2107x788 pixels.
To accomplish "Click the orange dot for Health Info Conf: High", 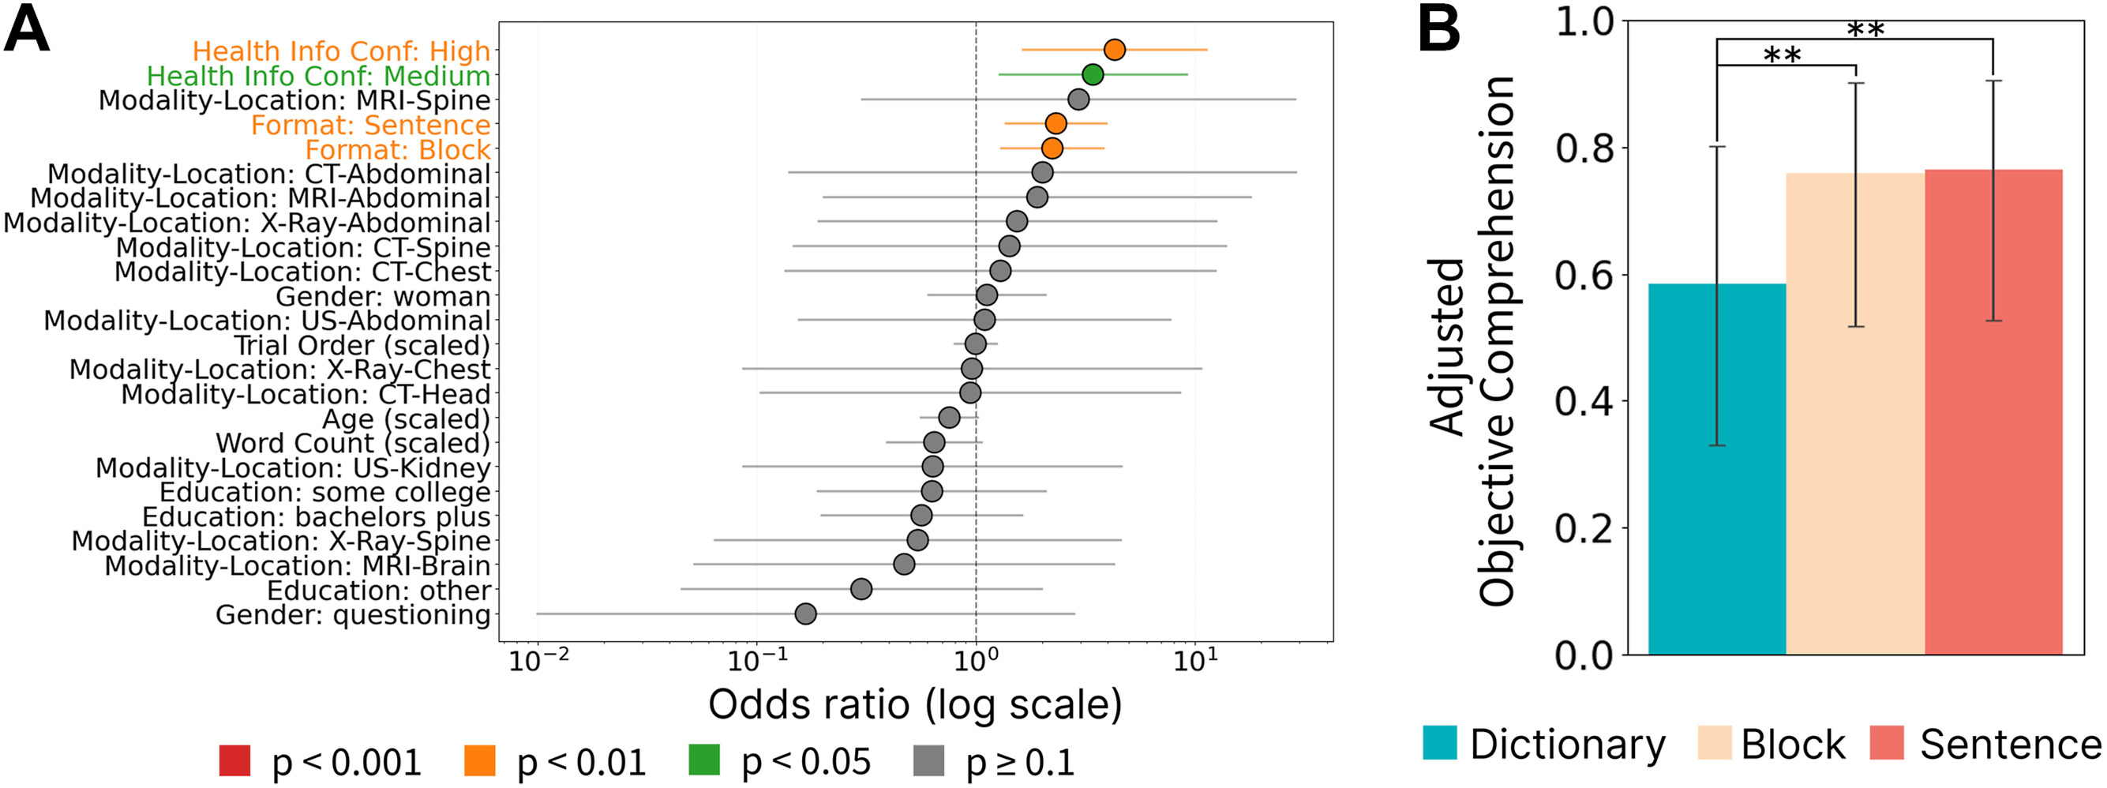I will pyautogui.click(x=1114, y=50).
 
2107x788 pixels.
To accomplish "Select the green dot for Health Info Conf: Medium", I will pyautogui.click(x=1092, y=75).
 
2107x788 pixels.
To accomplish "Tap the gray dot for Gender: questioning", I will pyautogui.click(x=806, y=614).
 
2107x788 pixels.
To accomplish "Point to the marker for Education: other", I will pyautogui.click(x=860, y=589).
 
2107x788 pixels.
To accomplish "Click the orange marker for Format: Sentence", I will pyautogui.click(x=1056, y=123).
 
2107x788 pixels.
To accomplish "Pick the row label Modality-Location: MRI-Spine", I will pyautogui.click(x=294, y=100).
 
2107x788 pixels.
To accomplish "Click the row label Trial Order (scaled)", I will pyautogui.click(x=362, y=345).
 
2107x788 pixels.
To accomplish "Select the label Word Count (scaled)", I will pyautogui.click(x=353, y=444).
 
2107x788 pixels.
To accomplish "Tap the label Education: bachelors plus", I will pyautogui.click(x=316, y=517).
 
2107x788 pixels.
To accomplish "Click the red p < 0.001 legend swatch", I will pyautogui.click(x=234, y=760).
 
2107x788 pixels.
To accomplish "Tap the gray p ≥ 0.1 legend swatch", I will pyautogui.click(x=928, y=760).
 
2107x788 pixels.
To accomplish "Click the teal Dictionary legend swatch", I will pyautogui.click(x=1440, y=742).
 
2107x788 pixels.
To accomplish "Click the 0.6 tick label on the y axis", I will pyautogui.click(x=1583, y=275).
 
